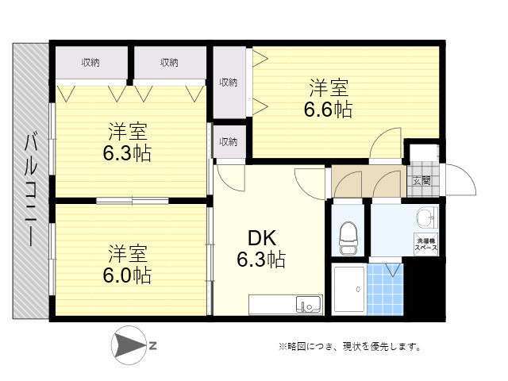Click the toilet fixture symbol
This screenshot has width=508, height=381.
point(348,238)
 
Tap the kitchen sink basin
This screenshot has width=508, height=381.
point(309,305)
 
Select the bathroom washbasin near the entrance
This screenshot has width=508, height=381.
point(427,217)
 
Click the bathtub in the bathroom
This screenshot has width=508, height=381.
point(349,289)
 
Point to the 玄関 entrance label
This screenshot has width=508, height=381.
point(421,181)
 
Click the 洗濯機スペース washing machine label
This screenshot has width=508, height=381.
point(425,244)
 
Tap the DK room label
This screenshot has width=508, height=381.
point(262,238)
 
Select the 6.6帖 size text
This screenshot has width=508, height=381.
point(328,110)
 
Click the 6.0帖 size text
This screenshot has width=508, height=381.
point(127,275)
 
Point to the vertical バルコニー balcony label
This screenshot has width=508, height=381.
point(31,190)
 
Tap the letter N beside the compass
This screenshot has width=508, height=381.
point(153,345)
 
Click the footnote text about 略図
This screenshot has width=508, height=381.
point(350,347)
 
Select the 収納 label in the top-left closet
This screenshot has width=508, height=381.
point(90,62)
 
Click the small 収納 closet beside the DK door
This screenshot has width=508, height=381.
point(229,141)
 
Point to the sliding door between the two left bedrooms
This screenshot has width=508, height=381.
point(133,201)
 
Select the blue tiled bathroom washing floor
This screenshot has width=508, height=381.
point(386,289)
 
